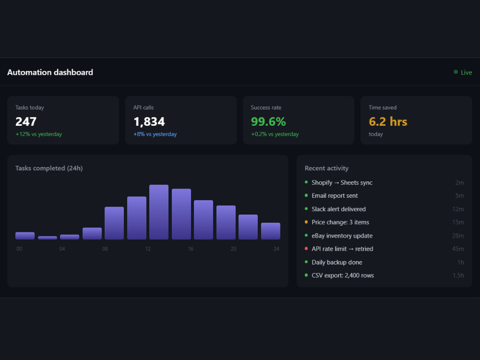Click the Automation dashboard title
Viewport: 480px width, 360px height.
[50, 72]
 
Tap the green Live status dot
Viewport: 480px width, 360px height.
[456, 72]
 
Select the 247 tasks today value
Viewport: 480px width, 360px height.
[26, 121]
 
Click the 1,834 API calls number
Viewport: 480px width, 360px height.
[149, 121]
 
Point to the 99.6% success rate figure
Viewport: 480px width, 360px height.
[268, 121]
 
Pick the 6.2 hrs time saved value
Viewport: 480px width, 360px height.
[388, 121]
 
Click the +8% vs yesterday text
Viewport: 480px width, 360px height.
[155, 134]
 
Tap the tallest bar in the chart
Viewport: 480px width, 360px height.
[159, 212]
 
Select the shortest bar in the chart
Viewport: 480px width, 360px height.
[48, 238]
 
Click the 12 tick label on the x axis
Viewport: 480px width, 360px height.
[148, 249]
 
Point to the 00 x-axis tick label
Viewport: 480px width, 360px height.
[19, 249]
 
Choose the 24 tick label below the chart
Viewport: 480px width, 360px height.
[276, 249]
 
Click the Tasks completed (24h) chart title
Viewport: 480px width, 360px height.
[49, 168]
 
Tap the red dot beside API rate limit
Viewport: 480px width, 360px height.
[306, 249]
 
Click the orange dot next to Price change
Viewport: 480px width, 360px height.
[306, 222]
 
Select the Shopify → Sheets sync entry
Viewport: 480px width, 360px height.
[342, 182]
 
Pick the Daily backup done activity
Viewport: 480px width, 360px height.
[337, 262]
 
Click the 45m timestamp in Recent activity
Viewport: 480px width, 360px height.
[457, 249]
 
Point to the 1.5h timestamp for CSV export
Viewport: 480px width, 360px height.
[458, 275]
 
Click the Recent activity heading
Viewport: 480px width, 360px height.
[326, 168]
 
